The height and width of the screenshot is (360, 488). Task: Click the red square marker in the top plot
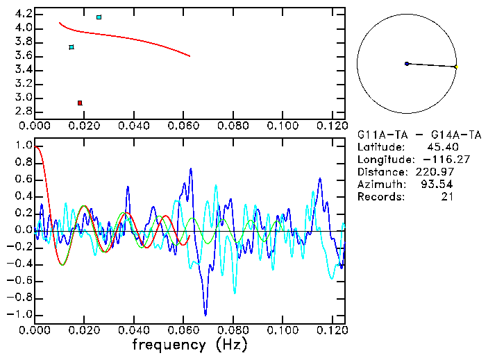(x=80, y=103)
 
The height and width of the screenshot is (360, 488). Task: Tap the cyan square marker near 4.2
(x=99, y=17)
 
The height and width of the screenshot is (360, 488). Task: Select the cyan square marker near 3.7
(x=71, y=47)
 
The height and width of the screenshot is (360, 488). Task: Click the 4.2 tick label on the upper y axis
(x=24, y=14)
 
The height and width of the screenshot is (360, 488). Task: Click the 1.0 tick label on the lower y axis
(x=24, y=146)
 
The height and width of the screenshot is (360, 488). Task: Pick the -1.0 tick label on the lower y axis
(x=21, y=314)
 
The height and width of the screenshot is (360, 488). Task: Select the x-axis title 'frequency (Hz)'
(x=190, y=344)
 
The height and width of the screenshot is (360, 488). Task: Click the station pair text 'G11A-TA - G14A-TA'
(x=419, y=135)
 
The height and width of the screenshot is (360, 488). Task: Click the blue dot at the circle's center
(x=407, y=64)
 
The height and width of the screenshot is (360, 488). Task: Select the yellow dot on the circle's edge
(x=456, y=67)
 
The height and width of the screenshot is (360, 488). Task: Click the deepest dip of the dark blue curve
(x=205, y=314)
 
